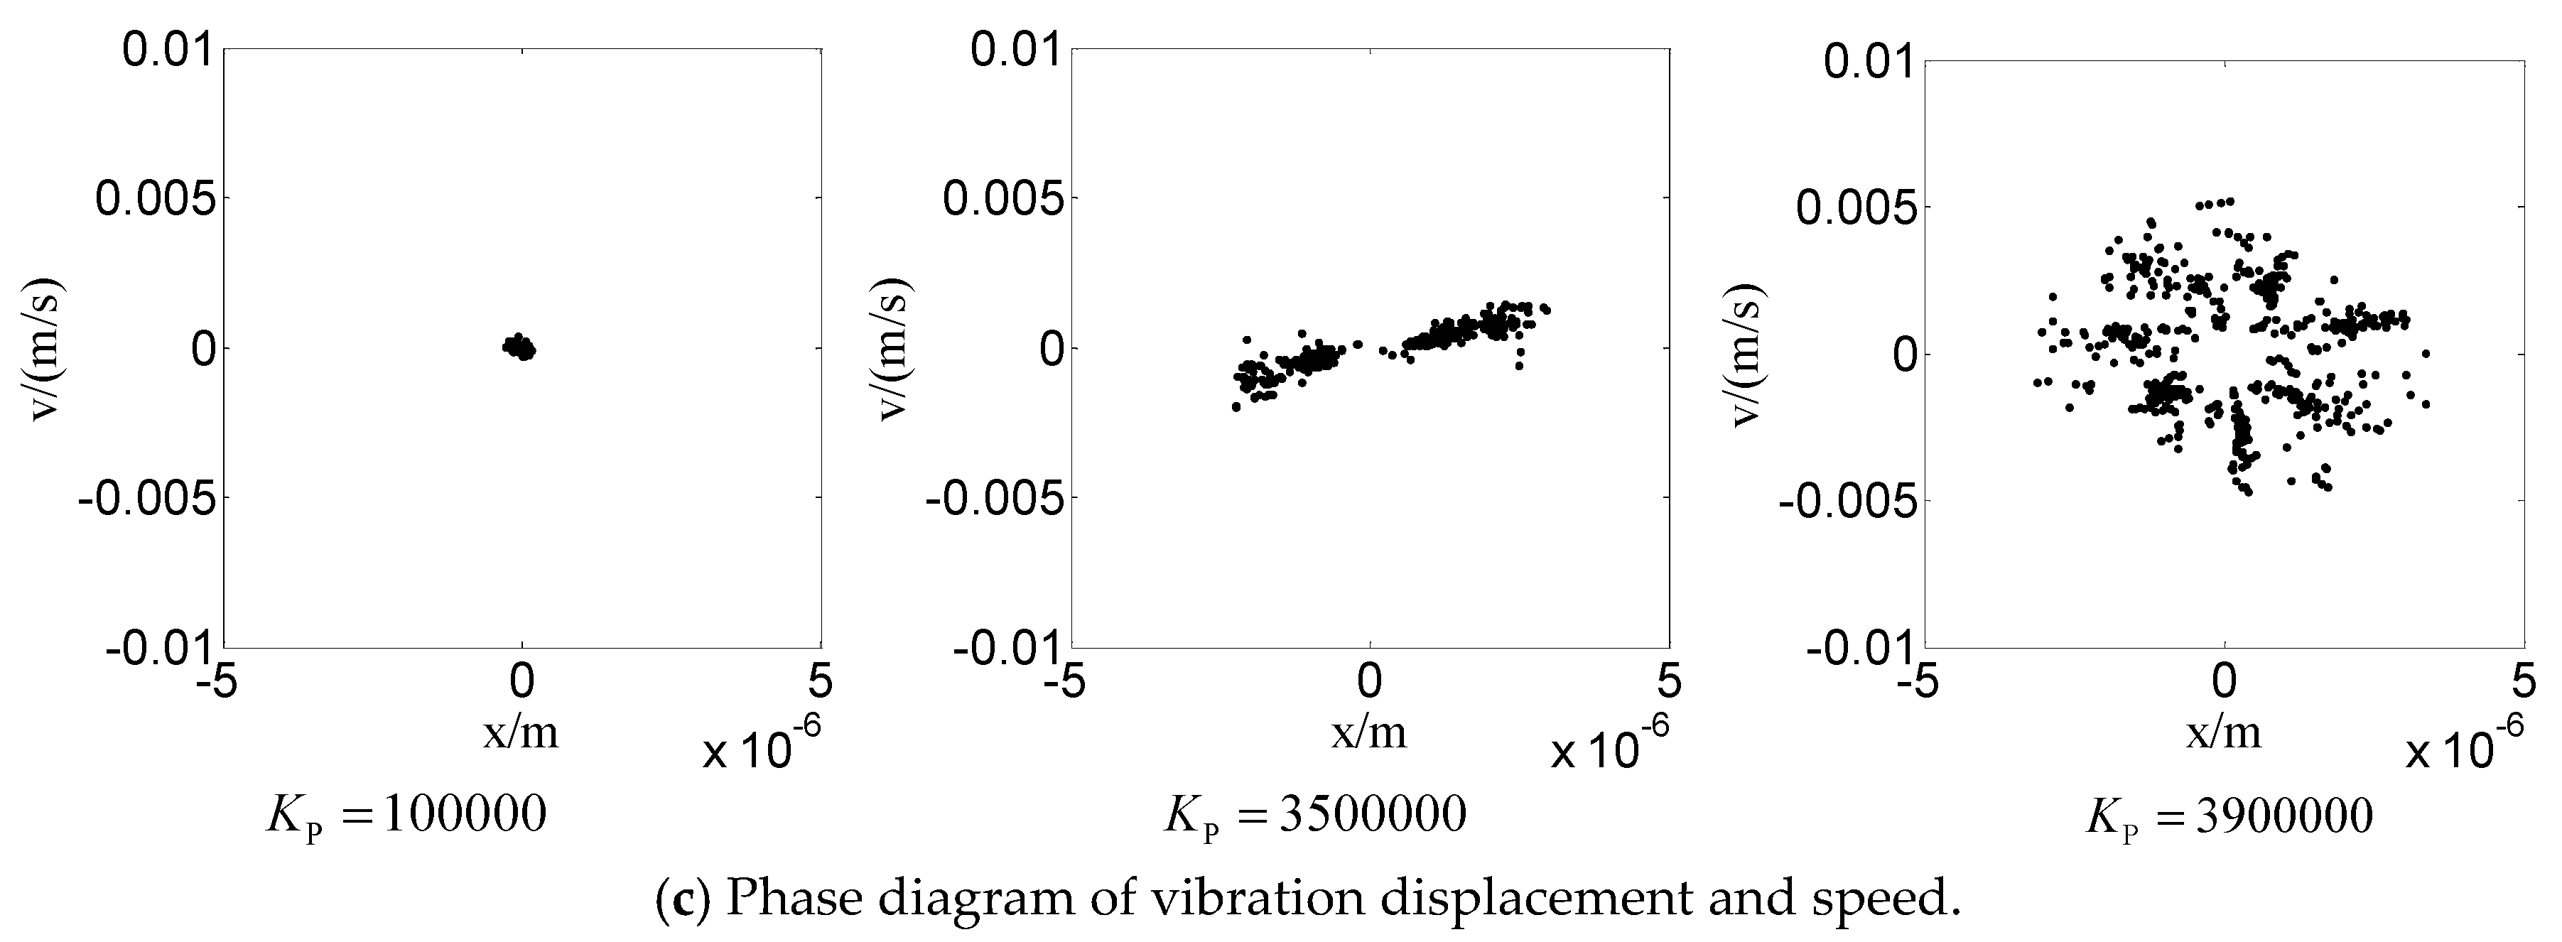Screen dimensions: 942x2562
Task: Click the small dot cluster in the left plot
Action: (519, 347)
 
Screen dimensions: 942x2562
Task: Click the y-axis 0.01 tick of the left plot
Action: (166, 49)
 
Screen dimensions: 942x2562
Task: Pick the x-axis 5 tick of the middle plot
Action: (1670, 683)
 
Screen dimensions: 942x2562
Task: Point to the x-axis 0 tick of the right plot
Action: (2224, 683)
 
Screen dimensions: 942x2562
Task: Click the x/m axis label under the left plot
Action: (521, 733)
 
